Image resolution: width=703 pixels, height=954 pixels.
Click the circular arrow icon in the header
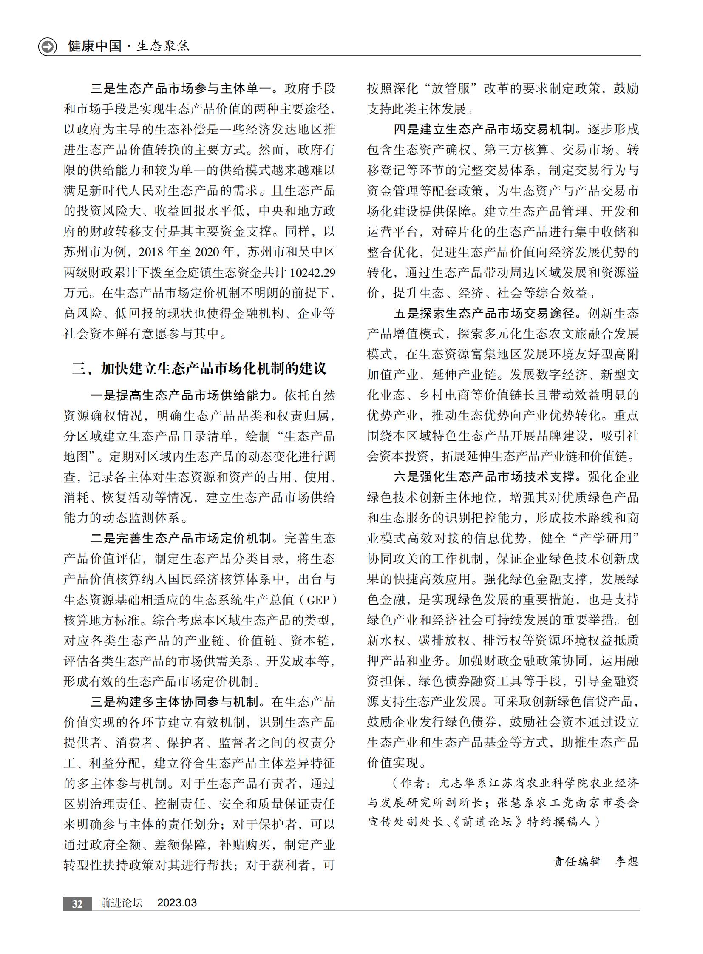tap(47, 46)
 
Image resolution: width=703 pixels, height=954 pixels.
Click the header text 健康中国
tap(94, 46)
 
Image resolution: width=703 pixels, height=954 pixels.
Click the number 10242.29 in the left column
tap(313, 273)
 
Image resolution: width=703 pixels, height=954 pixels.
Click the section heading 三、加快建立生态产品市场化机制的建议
tap(199, 368)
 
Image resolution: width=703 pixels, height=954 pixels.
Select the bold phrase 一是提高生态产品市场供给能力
tap(181, 395)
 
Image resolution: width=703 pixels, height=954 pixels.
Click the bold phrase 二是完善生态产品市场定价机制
tap(181, 539)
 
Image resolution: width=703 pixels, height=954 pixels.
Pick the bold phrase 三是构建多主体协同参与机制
tap(174, 702)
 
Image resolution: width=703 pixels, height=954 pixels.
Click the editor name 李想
tap(627, 862)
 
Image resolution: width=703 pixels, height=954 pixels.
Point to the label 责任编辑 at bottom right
tap(578, 862)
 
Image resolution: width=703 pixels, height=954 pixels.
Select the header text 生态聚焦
tap(163, 46)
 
